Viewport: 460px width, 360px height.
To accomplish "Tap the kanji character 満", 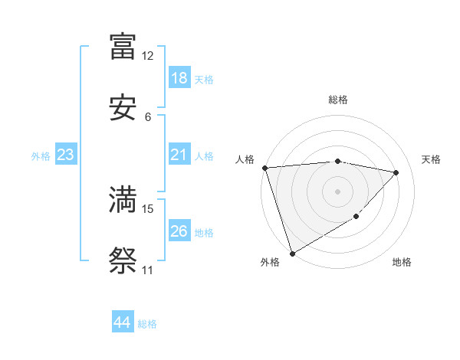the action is [x=123, y=200].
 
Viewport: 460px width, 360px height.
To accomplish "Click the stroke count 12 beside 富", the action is [x=148, y=56].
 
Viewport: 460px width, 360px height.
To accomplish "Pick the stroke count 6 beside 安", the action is [x=148, y=117].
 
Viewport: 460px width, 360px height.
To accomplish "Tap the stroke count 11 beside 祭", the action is [x=148, y=270].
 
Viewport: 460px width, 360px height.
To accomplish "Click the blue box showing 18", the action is [x=179, y=78].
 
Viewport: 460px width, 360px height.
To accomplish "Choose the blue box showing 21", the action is [x=179, y=155].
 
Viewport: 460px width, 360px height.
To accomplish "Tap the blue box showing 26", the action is [x=179, y=231].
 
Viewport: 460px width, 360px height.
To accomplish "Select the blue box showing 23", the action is [x=66, y=155].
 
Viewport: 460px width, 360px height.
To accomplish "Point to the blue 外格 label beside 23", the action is [x=41, y=155].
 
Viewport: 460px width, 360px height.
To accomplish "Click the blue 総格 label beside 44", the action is [x=147, y=324].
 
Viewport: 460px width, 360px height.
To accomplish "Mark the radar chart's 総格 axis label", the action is [x=338, y=100].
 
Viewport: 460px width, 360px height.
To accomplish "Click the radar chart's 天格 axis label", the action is [x=431, y=159].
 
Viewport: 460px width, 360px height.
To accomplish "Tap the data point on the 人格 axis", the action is [x=264, y=168].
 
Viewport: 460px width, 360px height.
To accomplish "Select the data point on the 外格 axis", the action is [x=292, y=253].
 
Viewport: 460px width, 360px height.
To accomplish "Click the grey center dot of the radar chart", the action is [x=337, y=191].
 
